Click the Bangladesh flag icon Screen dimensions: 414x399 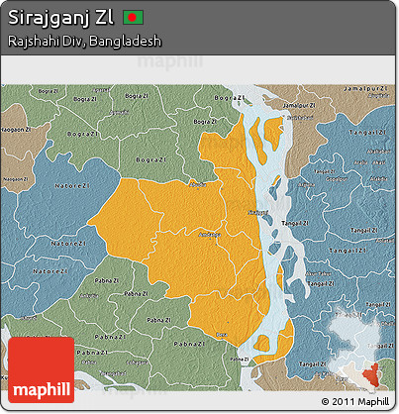(x=134, y=18)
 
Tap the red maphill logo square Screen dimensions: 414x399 (x=41, y=369)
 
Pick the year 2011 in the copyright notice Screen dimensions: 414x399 (x=343, y=401)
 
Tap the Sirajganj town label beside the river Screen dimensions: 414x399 (x=257, y=212)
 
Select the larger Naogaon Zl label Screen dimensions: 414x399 (x=17, y=129)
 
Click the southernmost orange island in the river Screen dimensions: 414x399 (x=263, y=344)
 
